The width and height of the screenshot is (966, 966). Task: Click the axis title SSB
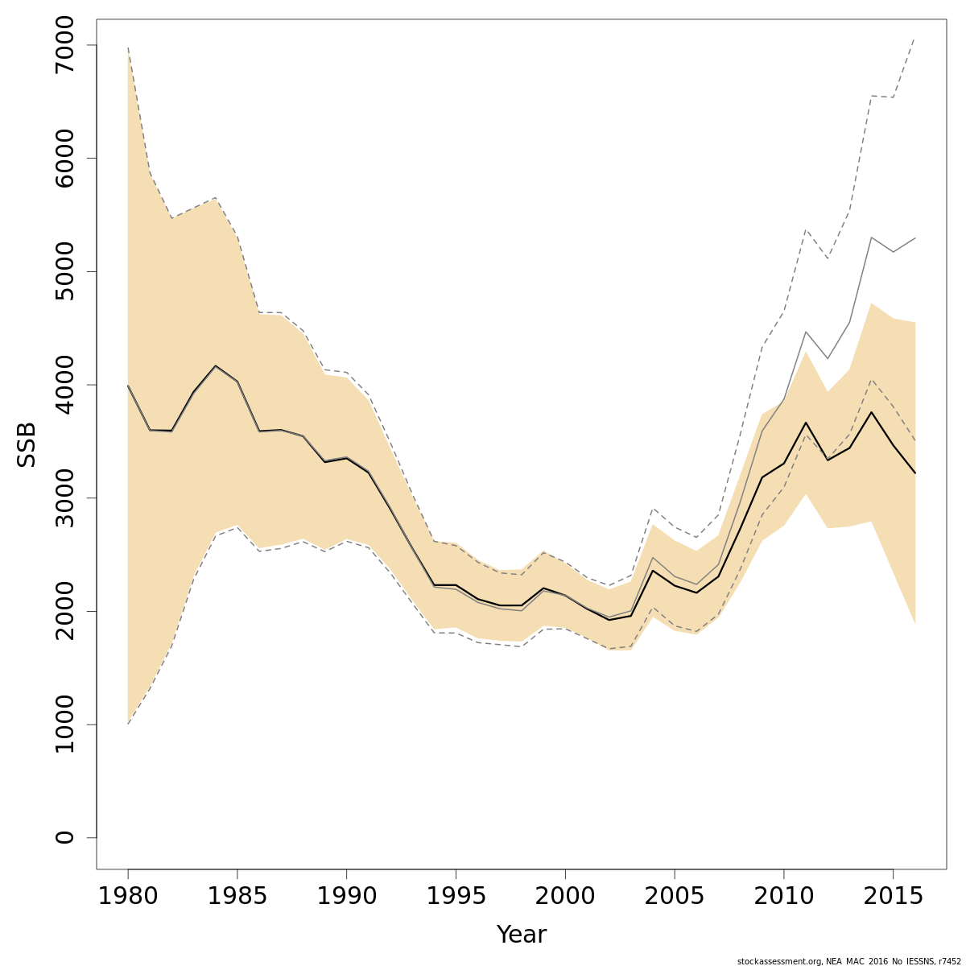27,444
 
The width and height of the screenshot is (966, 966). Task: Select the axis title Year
521,935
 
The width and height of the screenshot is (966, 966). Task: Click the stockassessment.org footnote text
848,960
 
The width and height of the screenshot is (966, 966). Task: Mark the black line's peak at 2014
871,412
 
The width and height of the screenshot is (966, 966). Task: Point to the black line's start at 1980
128,386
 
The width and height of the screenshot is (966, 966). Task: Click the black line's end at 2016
915,473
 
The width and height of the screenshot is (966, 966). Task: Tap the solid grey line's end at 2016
915,238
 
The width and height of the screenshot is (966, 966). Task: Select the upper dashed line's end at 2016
915,37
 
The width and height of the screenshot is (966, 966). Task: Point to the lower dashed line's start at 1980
128,724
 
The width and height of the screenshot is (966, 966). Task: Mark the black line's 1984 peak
216,365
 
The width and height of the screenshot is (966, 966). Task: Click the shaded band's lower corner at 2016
915,624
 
